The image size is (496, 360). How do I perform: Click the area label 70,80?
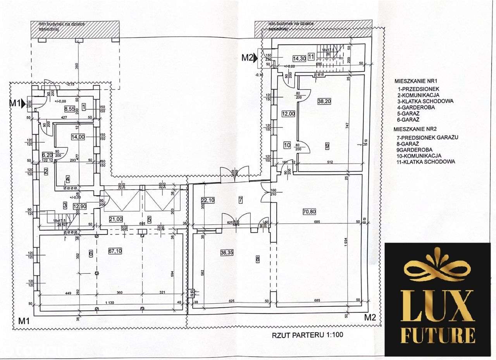click(x=310, y=211)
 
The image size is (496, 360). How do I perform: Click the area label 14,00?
click(x=78, y=136)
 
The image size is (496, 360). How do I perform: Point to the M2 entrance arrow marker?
click(x=261, y=58)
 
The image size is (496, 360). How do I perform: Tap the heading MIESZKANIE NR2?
click(x=418, y=131)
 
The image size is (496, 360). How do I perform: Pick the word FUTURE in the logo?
click(x=438, y=334)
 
